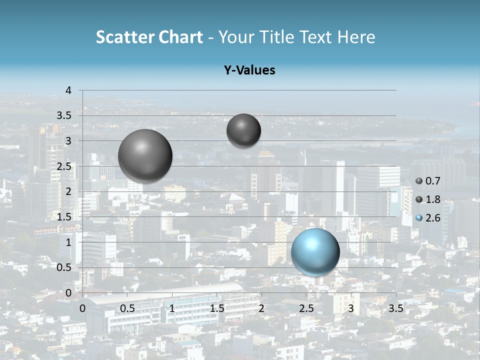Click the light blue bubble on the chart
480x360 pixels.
tap(315, 252)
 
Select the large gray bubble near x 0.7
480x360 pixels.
tap(145, 156)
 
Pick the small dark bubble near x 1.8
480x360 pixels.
tap(243, 130)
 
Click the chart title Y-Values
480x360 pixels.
tap(249, 70)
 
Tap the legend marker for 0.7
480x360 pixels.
tap(419, 181)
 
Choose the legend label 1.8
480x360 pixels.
tap(433, 199)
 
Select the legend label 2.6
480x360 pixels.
tap(433, 218)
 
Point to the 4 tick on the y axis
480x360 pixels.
tap(68, 90)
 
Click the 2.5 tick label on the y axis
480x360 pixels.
tap(63, 166)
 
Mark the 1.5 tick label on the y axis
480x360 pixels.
tap(63, 217)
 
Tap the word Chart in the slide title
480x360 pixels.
tap(180, 37)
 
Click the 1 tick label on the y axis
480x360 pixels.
tap(68, 242)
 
